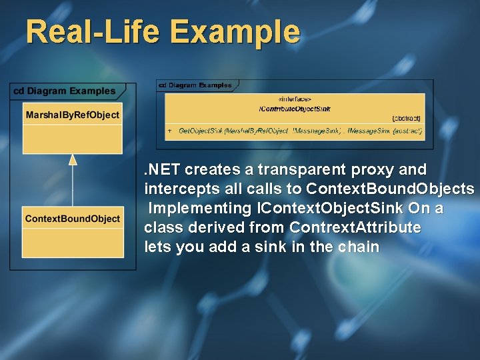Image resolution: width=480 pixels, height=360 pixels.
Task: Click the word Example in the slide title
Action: click(235, 31)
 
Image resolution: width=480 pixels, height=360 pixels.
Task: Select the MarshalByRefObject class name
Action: click(72, 115)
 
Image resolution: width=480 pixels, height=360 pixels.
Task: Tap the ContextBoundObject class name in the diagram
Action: click(72, 219)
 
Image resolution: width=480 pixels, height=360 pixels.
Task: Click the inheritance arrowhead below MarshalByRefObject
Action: click(73, 159)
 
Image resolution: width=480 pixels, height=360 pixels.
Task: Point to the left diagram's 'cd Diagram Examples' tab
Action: click(65, 91)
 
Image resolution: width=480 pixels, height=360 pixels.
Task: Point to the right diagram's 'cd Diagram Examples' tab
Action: click(195, 85)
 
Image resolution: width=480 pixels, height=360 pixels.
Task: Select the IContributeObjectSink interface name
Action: click(294, 108)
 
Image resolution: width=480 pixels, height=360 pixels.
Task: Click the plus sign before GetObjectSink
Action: click(169, 131)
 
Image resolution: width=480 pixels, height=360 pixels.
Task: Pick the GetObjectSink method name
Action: click(201, 131)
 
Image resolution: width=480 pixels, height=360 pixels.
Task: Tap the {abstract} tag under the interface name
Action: click(406, 118)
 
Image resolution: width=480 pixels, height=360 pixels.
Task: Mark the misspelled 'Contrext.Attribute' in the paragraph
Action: click(355, 227)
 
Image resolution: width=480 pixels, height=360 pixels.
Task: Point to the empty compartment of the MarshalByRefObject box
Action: click(73, 139)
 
